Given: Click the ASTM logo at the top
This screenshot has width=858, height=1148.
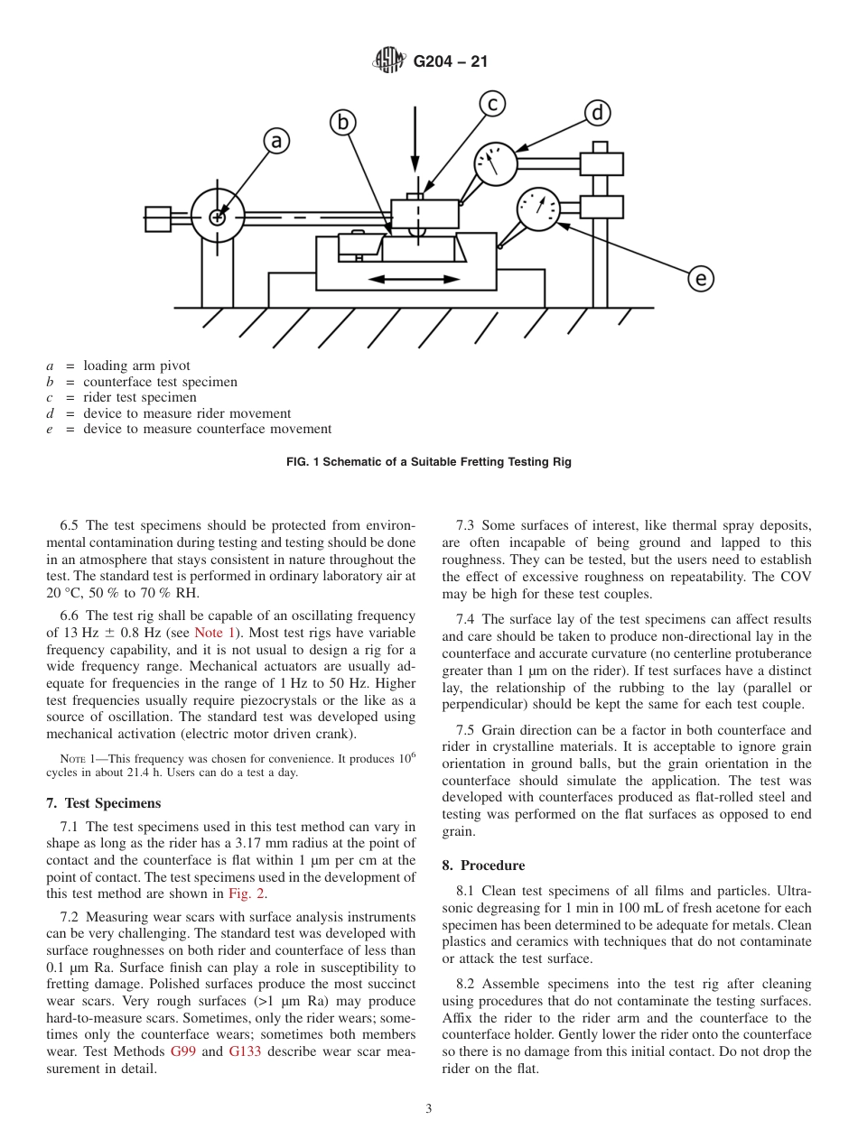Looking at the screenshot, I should tap(389, 61).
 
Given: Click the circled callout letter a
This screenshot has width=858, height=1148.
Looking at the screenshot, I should tap(277, 141).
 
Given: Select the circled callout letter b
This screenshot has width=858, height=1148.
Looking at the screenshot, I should tap(342, 122).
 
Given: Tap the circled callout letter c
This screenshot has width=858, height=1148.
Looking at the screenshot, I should tap(491, 104).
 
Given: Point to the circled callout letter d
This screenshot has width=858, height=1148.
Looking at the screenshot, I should tap(597, 113).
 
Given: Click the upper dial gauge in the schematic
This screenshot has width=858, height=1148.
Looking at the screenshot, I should tap(496, 163).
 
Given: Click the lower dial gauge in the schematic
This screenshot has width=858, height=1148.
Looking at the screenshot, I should tap(538, 210).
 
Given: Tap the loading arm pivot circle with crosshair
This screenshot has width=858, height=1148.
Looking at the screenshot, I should tap(218, 217).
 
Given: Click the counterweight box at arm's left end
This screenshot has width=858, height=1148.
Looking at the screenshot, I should tap(158, 218).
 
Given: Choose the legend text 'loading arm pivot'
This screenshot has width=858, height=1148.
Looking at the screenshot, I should tap(136, 366).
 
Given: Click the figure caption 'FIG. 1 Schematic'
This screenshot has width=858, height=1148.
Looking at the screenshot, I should tap(428, 462).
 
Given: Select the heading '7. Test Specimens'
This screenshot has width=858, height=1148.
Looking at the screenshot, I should tap(103, 803).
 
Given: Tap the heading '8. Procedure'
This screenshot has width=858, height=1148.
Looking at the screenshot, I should tap(482, 866).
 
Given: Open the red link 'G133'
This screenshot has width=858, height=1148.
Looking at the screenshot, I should tap(245, 1052).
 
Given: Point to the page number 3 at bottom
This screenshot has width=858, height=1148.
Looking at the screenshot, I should tap(428, 1109).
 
